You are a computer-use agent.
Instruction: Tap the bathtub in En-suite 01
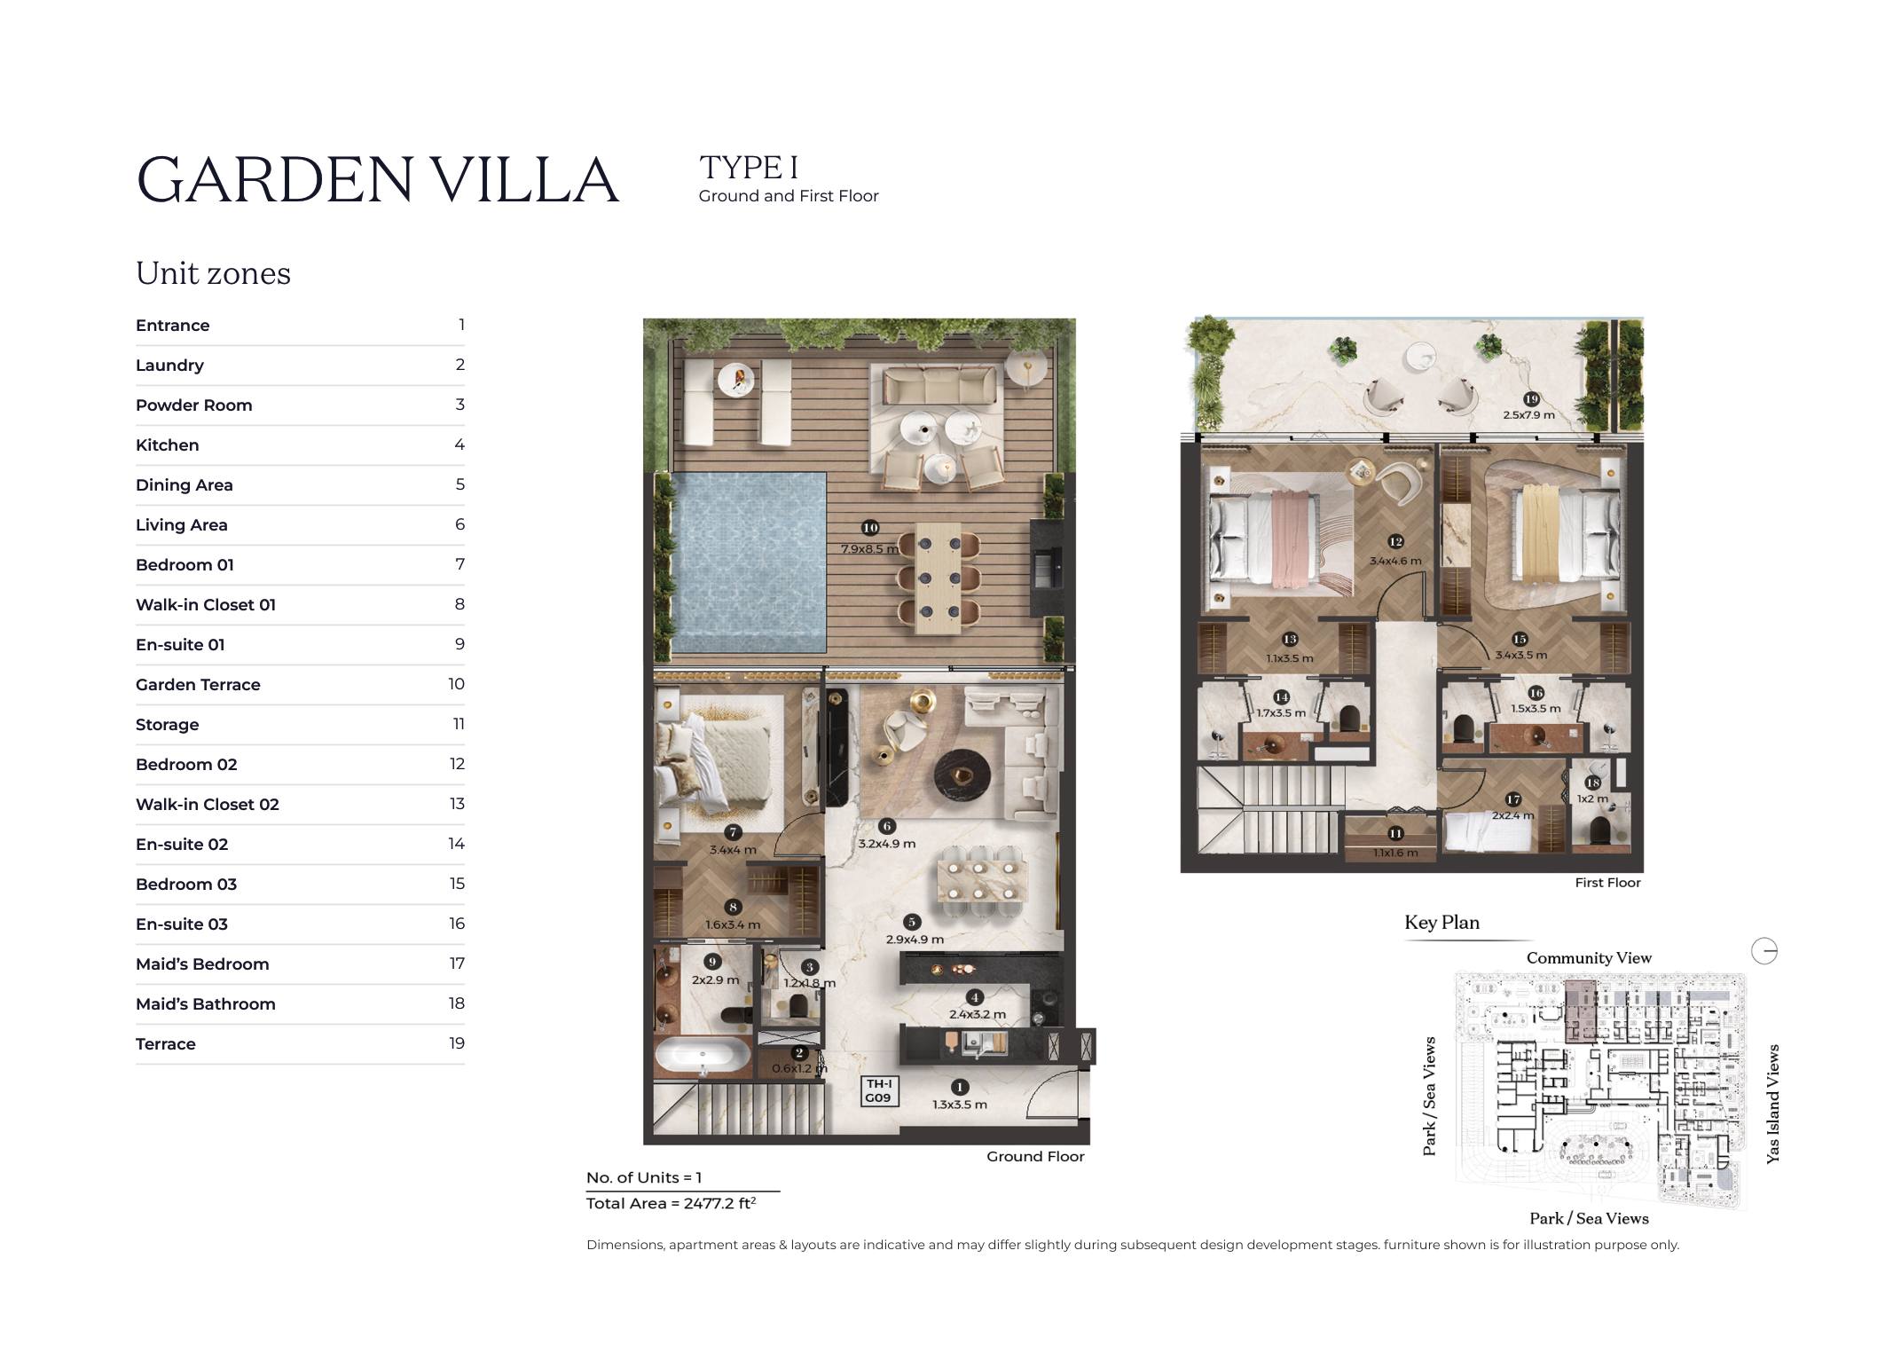tap(703, 1058)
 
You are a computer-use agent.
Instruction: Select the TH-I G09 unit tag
tap(878, 1090)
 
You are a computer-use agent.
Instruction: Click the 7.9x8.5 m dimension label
tap(870, 548)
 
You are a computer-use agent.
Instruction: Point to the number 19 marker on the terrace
tap(1530, 399)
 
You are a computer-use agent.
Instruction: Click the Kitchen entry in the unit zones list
tap(168, 445)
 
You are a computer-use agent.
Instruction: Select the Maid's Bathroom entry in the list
tap(206, 1004)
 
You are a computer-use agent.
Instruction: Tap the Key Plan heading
tap(1441, 923)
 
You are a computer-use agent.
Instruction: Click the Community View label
tap(1589, 958)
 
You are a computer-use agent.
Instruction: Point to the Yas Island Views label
tap(1772, 1104)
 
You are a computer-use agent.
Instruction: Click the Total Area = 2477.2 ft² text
tap(672, 1203)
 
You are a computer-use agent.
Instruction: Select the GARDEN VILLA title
tap(378, 180)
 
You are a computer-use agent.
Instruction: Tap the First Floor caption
tap(1607, 883)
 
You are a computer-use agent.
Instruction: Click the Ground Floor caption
tap(1035, 1157)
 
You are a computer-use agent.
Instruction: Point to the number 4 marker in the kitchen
tap(974, 997)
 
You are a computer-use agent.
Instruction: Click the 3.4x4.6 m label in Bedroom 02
tap(1395, 561)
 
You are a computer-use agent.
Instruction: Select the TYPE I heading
tap(749, 168)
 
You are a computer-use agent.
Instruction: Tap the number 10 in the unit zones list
tap(456, 684)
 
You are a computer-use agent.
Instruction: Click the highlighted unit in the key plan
tap(1579, 1011)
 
